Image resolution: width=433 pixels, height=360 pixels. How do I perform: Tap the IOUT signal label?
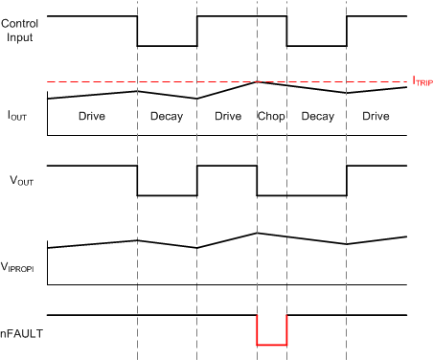click(x=17, y=115)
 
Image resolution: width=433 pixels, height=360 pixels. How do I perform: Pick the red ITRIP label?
click(x=422, y=83)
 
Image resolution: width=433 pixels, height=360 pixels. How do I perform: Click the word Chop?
click(x=272, y=115)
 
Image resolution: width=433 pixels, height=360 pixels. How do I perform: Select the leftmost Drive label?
click(x=92, y=115)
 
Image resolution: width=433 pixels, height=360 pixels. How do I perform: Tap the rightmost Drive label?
click(x=376, y=115)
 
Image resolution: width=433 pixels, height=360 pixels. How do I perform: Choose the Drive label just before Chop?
click(x=227, y=115)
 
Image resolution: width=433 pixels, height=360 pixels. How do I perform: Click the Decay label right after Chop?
click(x=317, y=115)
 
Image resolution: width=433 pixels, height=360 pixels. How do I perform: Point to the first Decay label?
click(x=168, y=115)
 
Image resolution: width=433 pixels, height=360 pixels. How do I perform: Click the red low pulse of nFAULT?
click(x=272, y=344)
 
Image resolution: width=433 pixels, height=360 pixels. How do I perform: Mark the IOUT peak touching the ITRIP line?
click(x=257, y=82)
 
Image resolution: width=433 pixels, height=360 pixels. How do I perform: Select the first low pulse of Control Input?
click(x=168, y=46)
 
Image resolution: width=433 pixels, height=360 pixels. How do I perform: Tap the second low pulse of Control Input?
click(x=317, y=46)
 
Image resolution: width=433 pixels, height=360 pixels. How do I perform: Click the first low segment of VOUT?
click(x=168, y=195)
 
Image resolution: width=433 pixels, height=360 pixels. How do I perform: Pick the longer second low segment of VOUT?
click(x=302, y=195)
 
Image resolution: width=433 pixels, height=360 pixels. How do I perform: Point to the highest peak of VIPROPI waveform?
click(x=257, y=233)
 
